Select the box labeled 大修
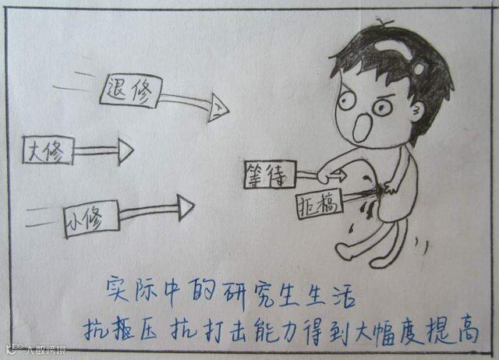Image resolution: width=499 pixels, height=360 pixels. pyautogui.click(x=48, y=150)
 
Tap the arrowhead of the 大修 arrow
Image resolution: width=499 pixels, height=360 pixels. pyautogui.click(x=124, y=148)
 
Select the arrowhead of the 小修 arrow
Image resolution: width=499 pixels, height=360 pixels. pyautogui.click(x=186, y=206)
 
